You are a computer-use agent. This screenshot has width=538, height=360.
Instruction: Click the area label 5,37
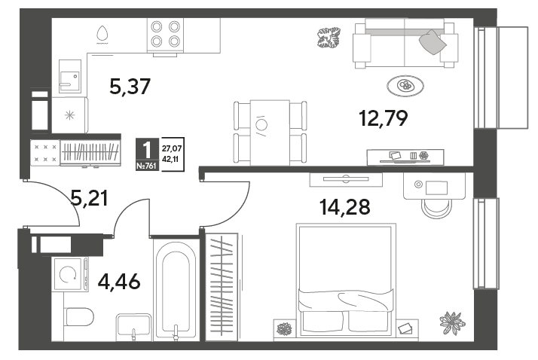(130, 87)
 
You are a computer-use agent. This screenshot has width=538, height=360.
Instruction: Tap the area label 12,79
(384, 118)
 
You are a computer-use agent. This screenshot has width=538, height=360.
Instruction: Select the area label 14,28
(345, 207)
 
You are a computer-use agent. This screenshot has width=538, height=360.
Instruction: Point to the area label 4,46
(119, 282)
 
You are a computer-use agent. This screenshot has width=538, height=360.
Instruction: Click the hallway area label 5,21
(89, 198)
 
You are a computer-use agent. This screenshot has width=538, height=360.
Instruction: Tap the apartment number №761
(146, 166)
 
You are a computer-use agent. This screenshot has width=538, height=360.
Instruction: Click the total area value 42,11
(170, 159)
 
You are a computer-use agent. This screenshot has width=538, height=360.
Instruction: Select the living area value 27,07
(172, 149)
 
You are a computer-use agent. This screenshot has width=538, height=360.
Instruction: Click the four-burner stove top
(165, 35)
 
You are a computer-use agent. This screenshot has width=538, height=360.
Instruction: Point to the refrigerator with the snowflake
(70, 115)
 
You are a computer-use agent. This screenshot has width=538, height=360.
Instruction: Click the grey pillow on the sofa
(433, 42)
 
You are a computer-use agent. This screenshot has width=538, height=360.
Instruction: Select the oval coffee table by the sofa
(405, 86)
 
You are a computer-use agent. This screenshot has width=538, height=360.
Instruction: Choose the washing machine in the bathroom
(70, 274)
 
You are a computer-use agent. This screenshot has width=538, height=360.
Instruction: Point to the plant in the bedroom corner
(452, 323)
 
